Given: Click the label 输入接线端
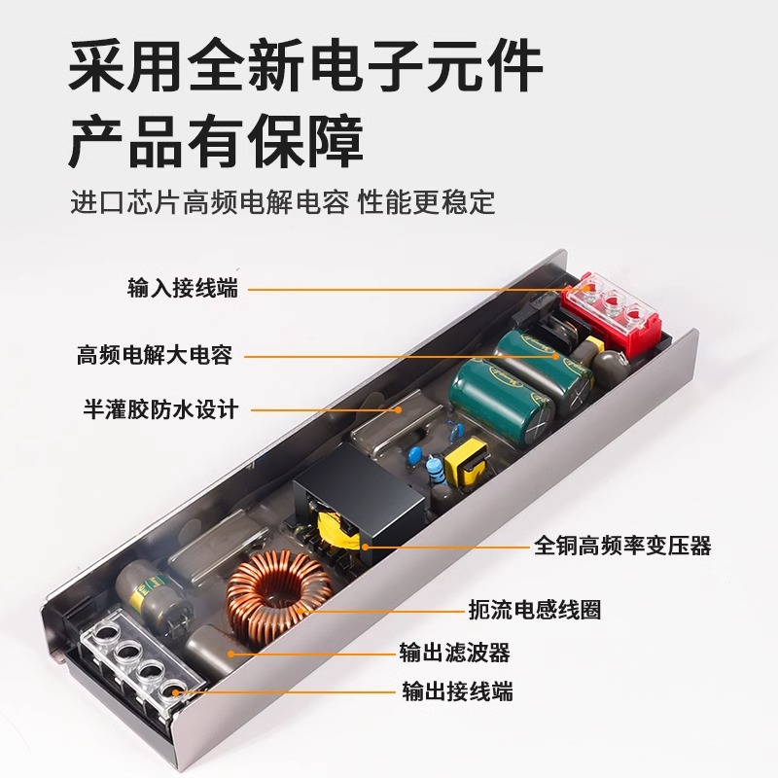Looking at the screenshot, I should (182, 288).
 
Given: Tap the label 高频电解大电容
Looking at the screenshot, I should (155, 355).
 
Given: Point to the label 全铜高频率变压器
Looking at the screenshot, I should (622, 546).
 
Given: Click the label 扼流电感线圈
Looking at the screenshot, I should (548, 610).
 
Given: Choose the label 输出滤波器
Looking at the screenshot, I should (454, 652).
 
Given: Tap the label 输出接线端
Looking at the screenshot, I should (456, 691).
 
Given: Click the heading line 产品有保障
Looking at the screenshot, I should (215, 142).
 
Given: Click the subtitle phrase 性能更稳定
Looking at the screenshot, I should (427, 203).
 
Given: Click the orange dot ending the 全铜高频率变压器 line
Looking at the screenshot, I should (368, 547).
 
